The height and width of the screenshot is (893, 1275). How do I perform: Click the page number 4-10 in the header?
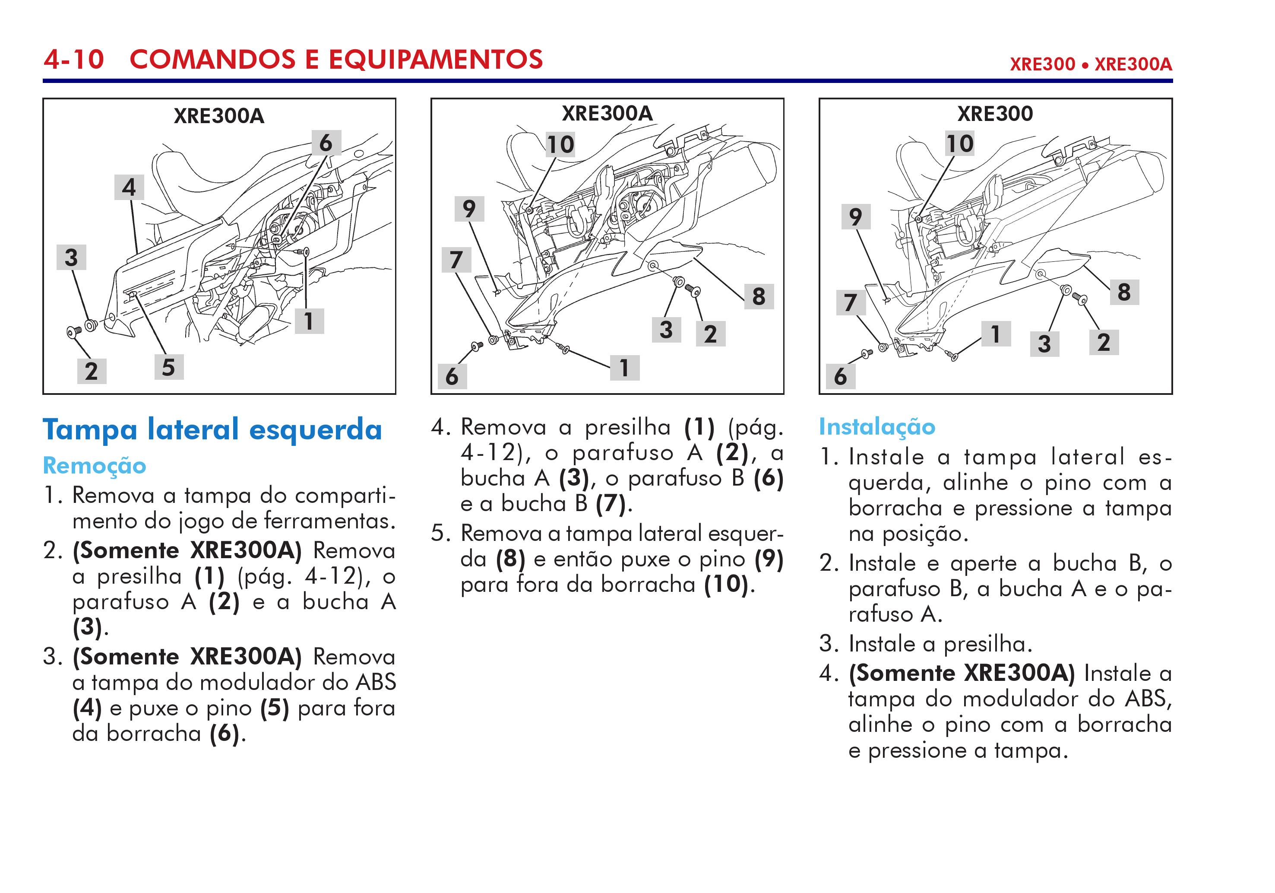click(x=74, y=60)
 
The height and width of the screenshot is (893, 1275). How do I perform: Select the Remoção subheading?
click(x=95, y=466)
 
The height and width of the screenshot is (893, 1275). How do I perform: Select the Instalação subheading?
click(x=877, y=427)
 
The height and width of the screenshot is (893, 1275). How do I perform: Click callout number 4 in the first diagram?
click(x=129, y=187)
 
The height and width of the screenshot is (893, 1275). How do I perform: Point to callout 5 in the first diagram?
click(x=168, y=367)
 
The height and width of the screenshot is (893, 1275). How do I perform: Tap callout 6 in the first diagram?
click(x=326, y=143)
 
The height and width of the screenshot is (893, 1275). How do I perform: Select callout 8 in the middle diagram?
click(x=759, y=296)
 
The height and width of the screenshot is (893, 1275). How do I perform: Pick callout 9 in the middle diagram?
click(x=469, y=209)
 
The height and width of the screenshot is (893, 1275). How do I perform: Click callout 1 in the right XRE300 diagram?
click(x=996, y=334)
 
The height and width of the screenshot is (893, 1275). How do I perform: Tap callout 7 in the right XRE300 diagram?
click(x=850, y=303)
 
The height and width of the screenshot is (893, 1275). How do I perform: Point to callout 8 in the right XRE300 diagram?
click(x=1124, y=292)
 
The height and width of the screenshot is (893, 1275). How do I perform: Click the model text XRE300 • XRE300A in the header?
click(x=1090, y=64)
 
